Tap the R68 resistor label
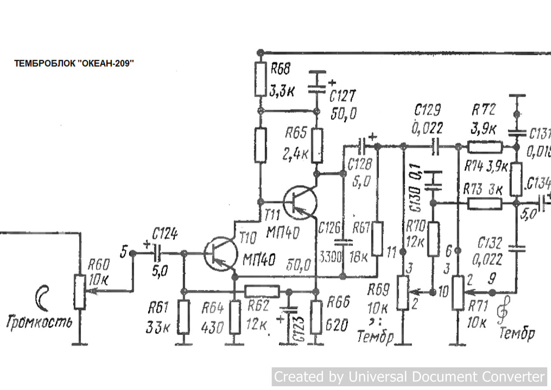(x=280, y=69)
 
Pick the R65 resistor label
(x=296, y=133)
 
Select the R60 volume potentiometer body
(x=79, y=291)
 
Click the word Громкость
(x=40, y=321)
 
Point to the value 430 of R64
(x=212, y=328)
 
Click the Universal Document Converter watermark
(x=409, y=377)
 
